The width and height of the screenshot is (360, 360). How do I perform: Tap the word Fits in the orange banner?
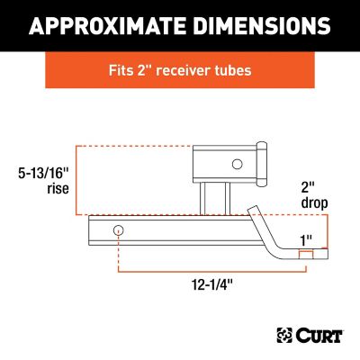point(121,69)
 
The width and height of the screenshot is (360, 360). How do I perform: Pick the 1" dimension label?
point(309,240)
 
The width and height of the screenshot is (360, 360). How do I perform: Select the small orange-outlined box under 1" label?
point(309,256)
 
